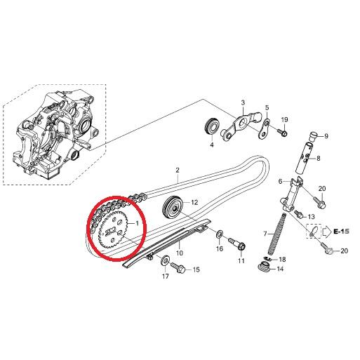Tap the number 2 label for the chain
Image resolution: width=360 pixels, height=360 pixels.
(x=178, y=170)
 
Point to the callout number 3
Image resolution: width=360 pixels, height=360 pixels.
(x=244, y=102)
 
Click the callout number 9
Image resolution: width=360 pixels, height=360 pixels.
(x=325, y=135)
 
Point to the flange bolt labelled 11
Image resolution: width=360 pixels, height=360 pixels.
(x=241, y=246)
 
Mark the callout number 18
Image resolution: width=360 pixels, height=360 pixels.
(x=283, y=260)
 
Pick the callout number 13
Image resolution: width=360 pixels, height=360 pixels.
(x=311, y=218)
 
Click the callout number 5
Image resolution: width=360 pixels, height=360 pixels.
(x=267, y=108)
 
